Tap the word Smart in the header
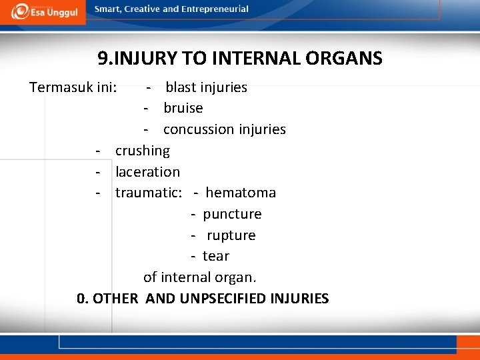coord(109,9)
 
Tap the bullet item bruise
coord(183,108)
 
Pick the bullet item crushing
coord(143,151)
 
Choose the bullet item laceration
coord(147,172)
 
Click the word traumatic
coord(148,193)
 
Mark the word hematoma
coord(241,193)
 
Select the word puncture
coord(232,214)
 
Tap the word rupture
coord(231,235)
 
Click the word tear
coord(216,256)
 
